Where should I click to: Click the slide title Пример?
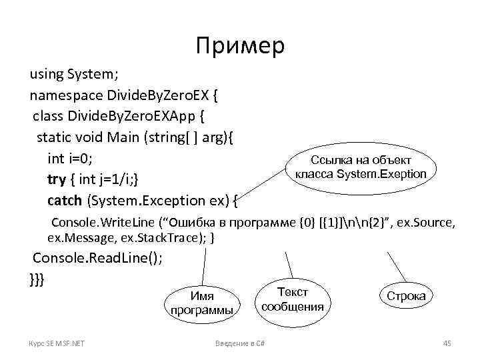(x=240, y=45)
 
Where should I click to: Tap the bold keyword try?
(x=57, y=179)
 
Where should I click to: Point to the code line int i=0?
(x=70, y=159)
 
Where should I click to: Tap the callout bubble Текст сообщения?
(x=293, y=299)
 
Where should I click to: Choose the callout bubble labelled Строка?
(x=406, y=296)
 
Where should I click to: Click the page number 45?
(x=447, y=343)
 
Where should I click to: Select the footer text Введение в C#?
(x=241, y=343)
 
